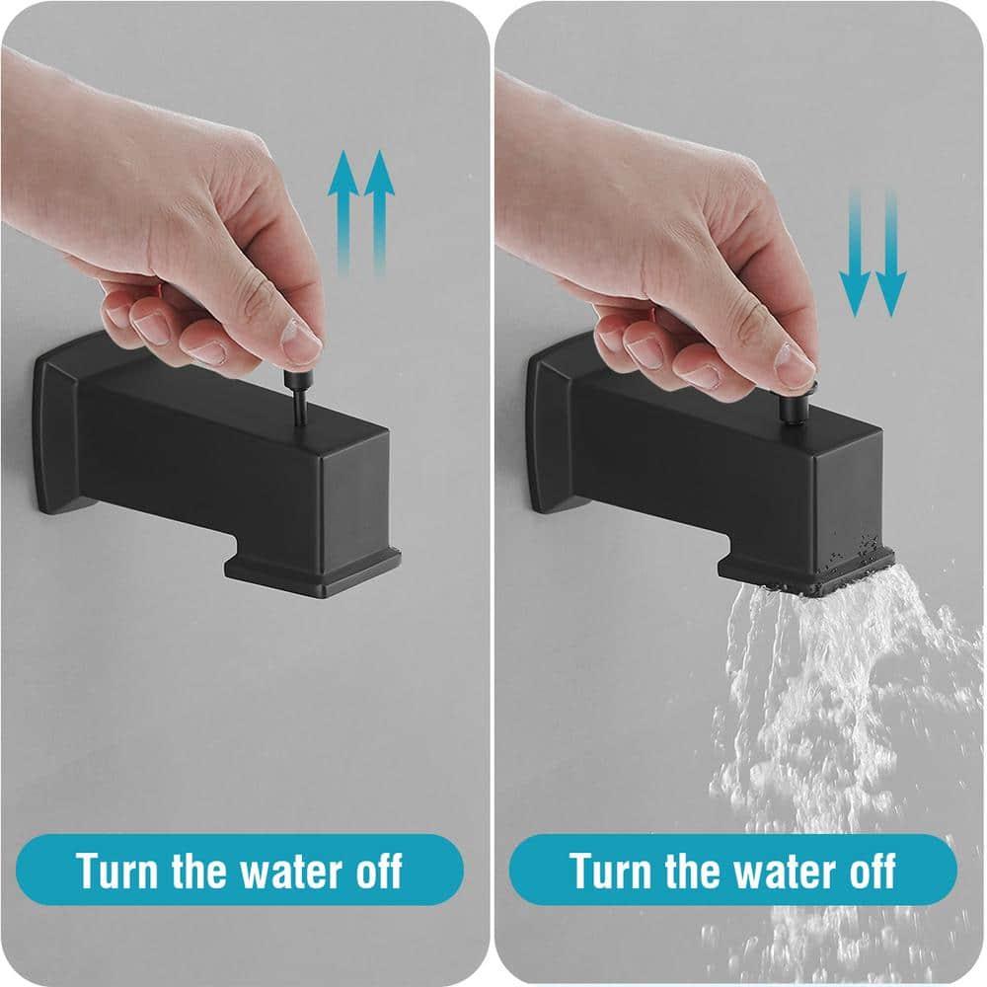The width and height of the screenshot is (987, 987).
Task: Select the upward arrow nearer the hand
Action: [x=342, y=212]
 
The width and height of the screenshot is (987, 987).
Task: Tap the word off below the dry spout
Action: [x=375, y=871]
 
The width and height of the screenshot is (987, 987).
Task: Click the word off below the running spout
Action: [x=869, y=871]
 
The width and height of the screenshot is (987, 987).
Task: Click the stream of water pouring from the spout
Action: [x=819, y=711]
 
